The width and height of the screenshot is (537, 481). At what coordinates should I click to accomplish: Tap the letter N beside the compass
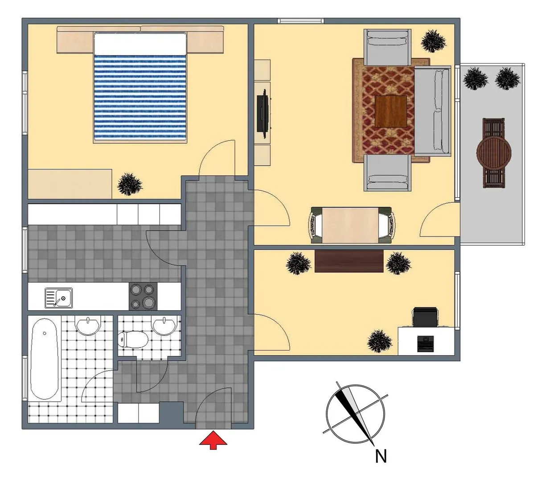(x=381, y=456)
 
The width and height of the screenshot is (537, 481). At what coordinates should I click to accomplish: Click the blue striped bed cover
(x=139, y=97)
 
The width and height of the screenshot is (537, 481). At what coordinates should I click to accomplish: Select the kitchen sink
(x=58, y=298)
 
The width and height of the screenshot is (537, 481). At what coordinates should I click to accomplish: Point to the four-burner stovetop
(x=143, y=296)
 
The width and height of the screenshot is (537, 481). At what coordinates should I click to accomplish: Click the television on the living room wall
(x=263, y=114)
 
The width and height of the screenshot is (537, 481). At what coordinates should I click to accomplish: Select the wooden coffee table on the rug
(x=391, y=111)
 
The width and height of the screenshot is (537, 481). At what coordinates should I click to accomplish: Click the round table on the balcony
(x=494, y=152)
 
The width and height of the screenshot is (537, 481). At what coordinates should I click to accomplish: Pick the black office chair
(x=425, y=317)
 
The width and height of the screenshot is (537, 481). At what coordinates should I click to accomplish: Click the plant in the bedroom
(x=130, y=184)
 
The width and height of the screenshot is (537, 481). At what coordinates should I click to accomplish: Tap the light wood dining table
(x=350, y=225)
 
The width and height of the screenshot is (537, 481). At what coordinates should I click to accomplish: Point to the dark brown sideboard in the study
(x=349, y=261)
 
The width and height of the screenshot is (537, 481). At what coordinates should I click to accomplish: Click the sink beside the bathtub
(x=88, y=326)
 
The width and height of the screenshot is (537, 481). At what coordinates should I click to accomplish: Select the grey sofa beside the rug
(x=432, y=111)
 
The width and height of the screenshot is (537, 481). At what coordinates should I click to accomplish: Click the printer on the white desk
(x=426, y=343)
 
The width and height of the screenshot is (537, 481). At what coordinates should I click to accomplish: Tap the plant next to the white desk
(x=379, y=341)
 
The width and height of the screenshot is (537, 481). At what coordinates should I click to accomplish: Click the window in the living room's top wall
(x=300, y=20)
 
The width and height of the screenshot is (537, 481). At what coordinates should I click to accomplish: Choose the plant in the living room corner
(x=433, y=41)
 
